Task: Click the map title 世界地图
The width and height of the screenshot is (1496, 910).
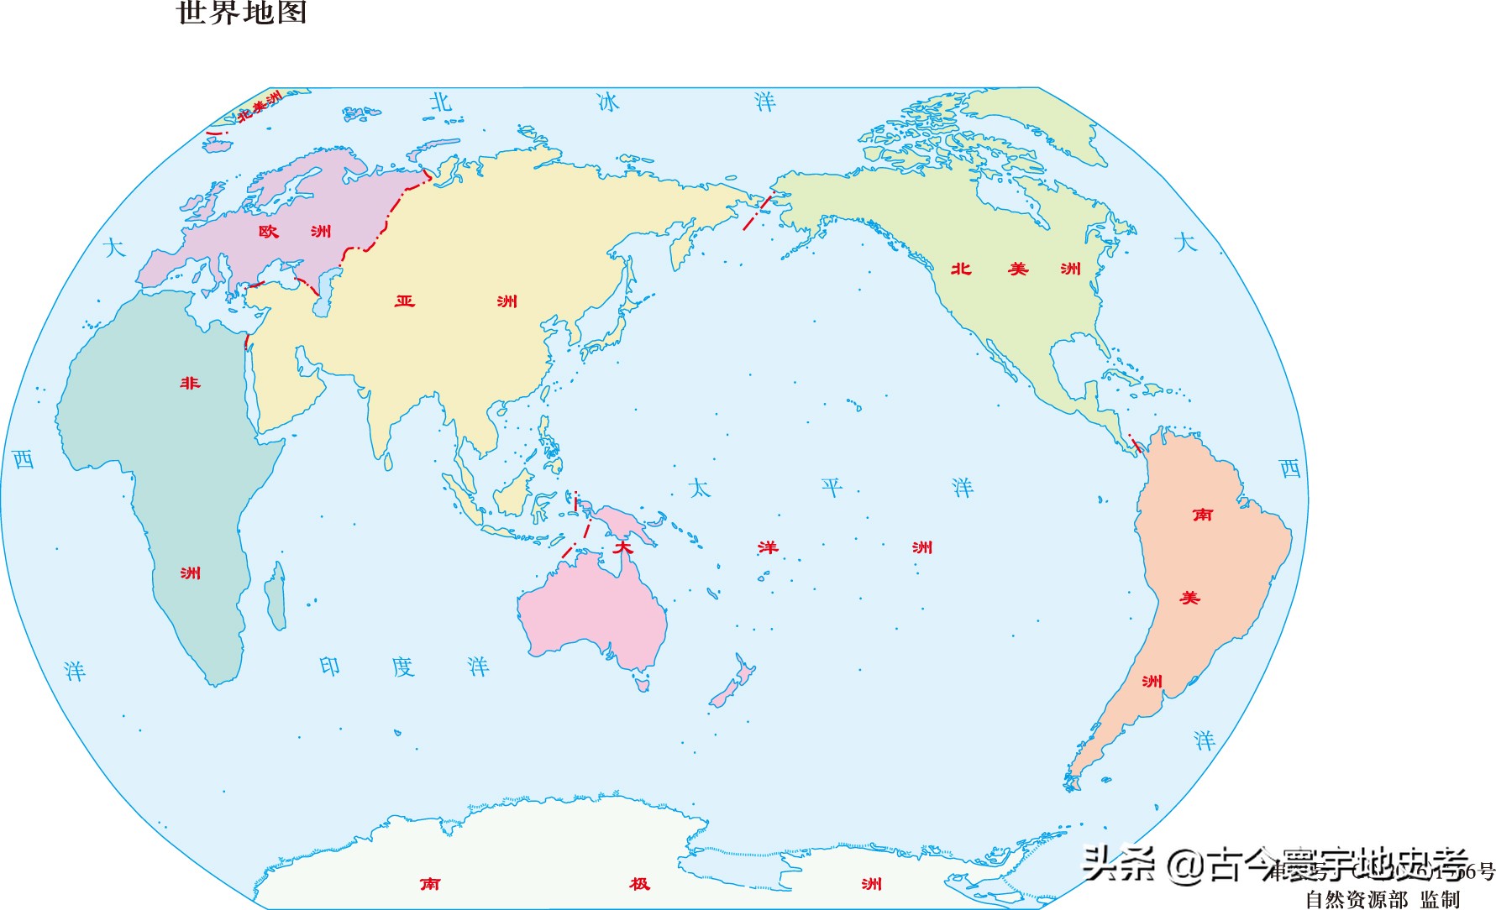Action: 242,13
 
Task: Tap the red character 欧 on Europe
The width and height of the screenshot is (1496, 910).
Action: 268,231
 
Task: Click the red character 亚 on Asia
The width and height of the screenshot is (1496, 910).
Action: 405,301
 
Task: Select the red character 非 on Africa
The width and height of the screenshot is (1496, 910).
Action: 191,383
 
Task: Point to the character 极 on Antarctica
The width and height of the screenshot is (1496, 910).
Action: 640,883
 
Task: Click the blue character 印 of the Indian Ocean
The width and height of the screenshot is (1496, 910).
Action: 330,667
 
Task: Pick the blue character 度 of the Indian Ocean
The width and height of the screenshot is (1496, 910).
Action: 403,667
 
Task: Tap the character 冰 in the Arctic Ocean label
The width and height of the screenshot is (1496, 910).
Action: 607,102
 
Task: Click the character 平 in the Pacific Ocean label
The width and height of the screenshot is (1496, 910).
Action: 832,487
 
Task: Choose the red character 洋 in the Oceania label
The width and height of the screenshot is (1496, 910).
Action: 768,547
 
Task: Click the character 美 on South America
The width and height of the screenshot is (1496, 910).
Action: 1189,598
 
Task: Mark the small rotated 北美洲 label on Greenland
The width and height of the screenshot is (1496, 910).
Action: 260,107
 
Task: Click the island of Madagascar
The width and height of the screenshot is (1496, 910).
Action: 276,596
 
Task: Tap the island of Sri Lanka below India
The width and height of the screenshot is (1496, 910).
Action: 388,462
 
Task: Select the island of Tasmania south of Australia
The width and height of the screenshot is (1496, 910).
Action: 643,685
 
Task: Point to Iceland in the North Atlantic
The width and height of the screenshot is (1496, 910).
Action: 218,145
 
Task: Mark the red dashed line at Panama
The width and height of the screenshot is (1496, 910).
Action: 1135,443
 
